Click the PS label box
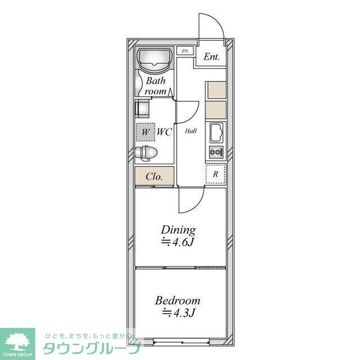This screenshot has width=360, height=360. point(185,51)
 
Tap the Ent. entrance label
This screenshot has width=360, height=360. point(211,57)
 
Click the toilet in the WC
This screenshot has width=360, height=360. point(146,152)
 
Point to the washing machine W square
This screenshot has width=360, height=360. point(146,132)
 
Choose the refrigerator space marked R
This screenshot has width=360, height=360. point(215,174)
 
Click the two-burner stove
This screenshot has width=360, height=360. point(216,152)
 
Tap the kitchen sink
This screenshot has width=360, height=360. point(217,133)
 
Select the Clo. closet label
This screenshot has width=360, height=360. point(154,177)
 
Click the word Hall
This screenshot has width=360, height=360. point(191,131)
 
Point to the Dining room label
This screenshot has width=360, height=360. point(178,230)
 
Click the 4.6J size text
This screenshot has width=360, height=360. point(178,242)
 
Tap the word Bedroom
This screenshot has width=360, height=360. point(178,301)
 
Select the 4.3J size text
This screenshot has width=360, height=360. point(179,313)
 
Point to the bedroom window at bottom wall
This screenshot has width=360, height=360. point(181,342)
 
